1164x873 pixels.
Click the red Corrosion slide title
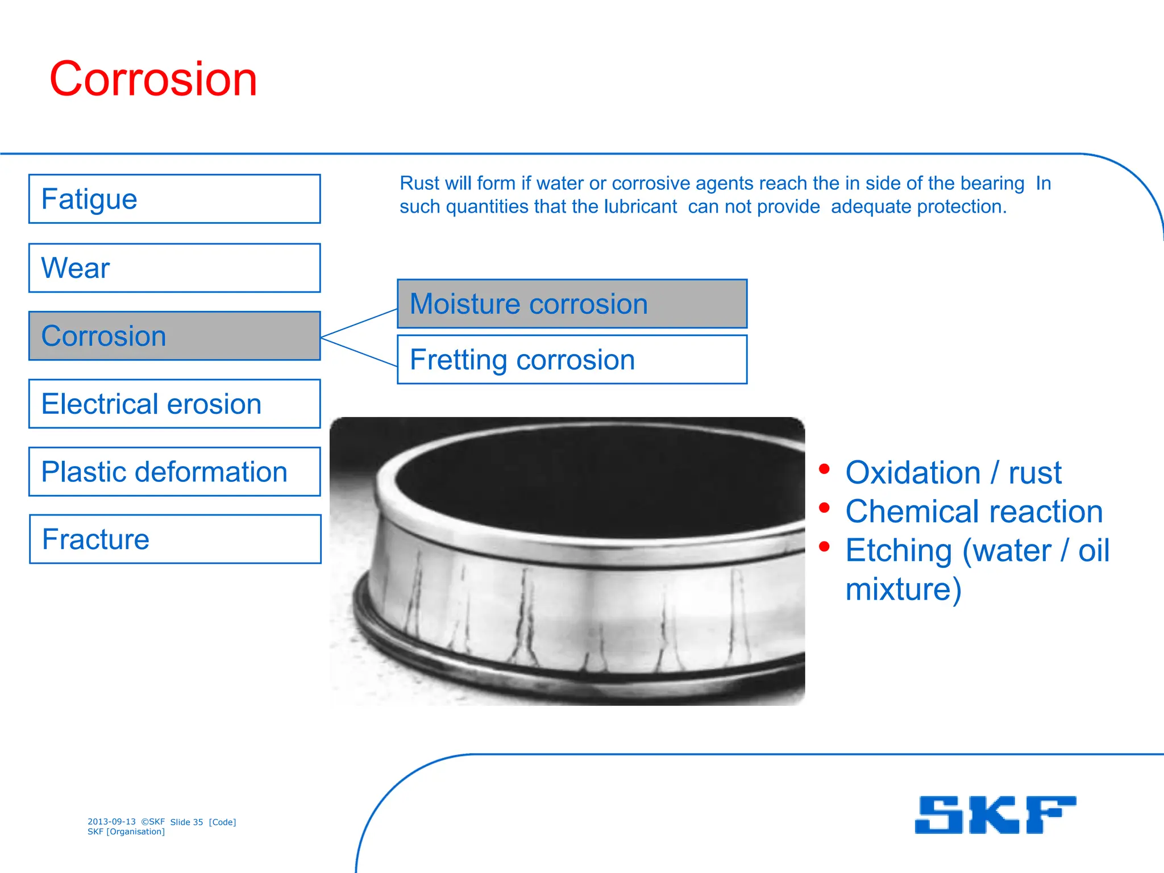[153, 79]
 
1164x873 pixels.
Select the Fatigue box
[174, 199]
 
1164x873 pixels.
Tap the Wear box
[174, 268]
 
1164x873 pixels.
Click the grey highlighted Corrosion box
[174, 336]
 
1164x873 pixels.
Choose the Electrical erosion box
[174, 404]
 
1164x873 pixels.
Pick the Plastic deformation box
[174, 472]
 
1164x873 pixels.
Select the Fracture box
[174, 539]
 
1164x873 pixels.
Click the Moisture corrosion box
[572, 304]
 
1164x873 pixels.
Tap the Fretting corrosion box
[572, 359]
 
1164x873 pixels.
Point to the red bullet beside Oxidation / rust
[824, 469]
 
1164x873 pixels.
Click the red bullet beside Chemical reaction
[824, 508]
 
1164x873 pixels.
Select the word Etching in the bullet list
[898, 550]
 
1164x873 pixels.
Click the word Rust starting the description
[419, 183]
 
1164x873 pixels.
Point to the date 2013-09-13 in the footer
[111, 821]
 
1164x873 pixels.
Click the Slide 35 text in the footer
[186, 822]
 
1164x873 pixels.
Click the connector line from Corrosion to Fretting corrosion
[359, 352]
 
